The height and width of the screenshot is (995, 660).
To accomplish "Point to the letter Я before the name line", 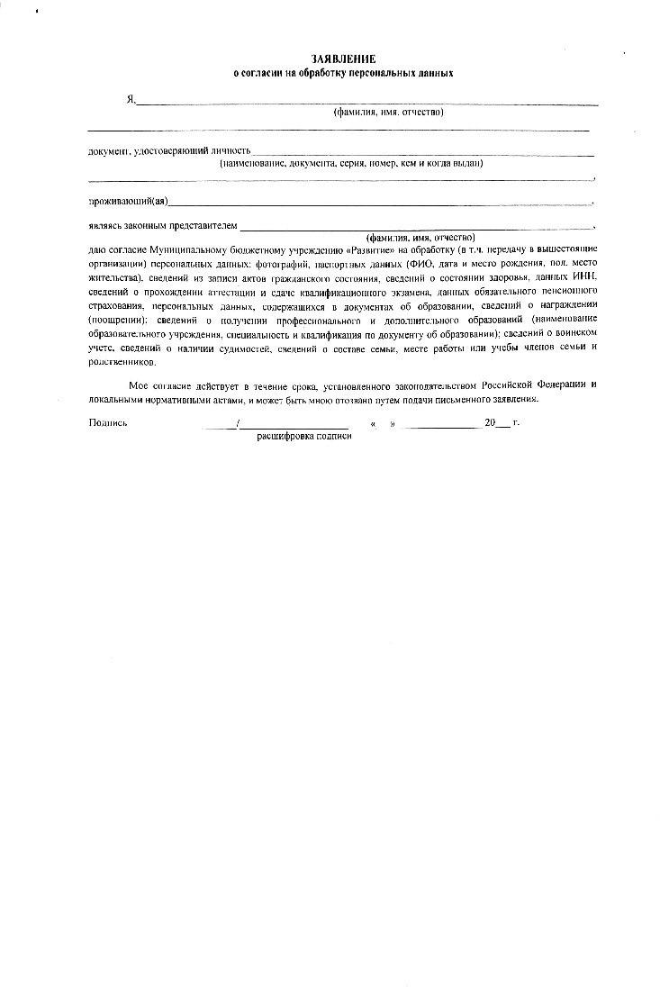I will [130, 100].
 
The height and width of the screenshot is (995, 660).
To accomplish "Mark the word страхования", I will [116, 307].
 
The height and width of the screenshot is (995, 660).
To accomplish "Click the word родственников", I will [122, 363].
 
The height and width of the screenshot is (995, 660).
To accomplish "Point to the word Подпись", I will [108, 422].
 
